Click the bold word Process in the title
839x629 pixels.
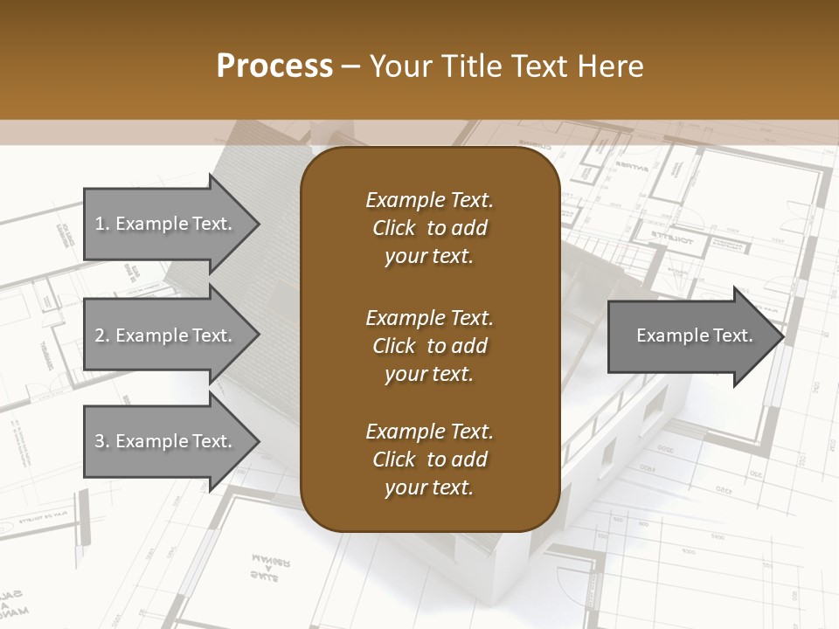point(274,66)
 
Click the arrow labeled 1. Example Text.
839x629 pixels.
point(166,224)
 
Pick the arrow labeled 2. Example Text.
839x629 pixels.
point(166,335)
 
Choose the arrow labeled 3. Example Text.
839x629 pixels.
point(166,441)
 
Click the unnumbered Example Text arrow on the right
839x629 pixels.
point(690,335)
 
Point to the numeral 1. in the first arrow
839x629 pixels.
point(102,224)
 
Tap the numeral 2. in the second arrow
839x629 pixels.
point(102,335)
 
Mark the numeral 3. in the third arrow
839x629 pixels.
point(102,441)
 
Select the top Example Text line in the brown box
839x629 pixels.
point(429,200)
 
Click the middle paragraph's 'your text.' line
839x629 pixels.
point(429,374)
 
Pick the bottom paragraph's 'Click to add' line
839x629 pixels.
point(429,460)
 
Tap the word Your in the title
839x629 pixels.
point(401,66)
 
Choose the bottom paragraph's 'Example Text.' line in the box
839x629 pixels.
point(429,432)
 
